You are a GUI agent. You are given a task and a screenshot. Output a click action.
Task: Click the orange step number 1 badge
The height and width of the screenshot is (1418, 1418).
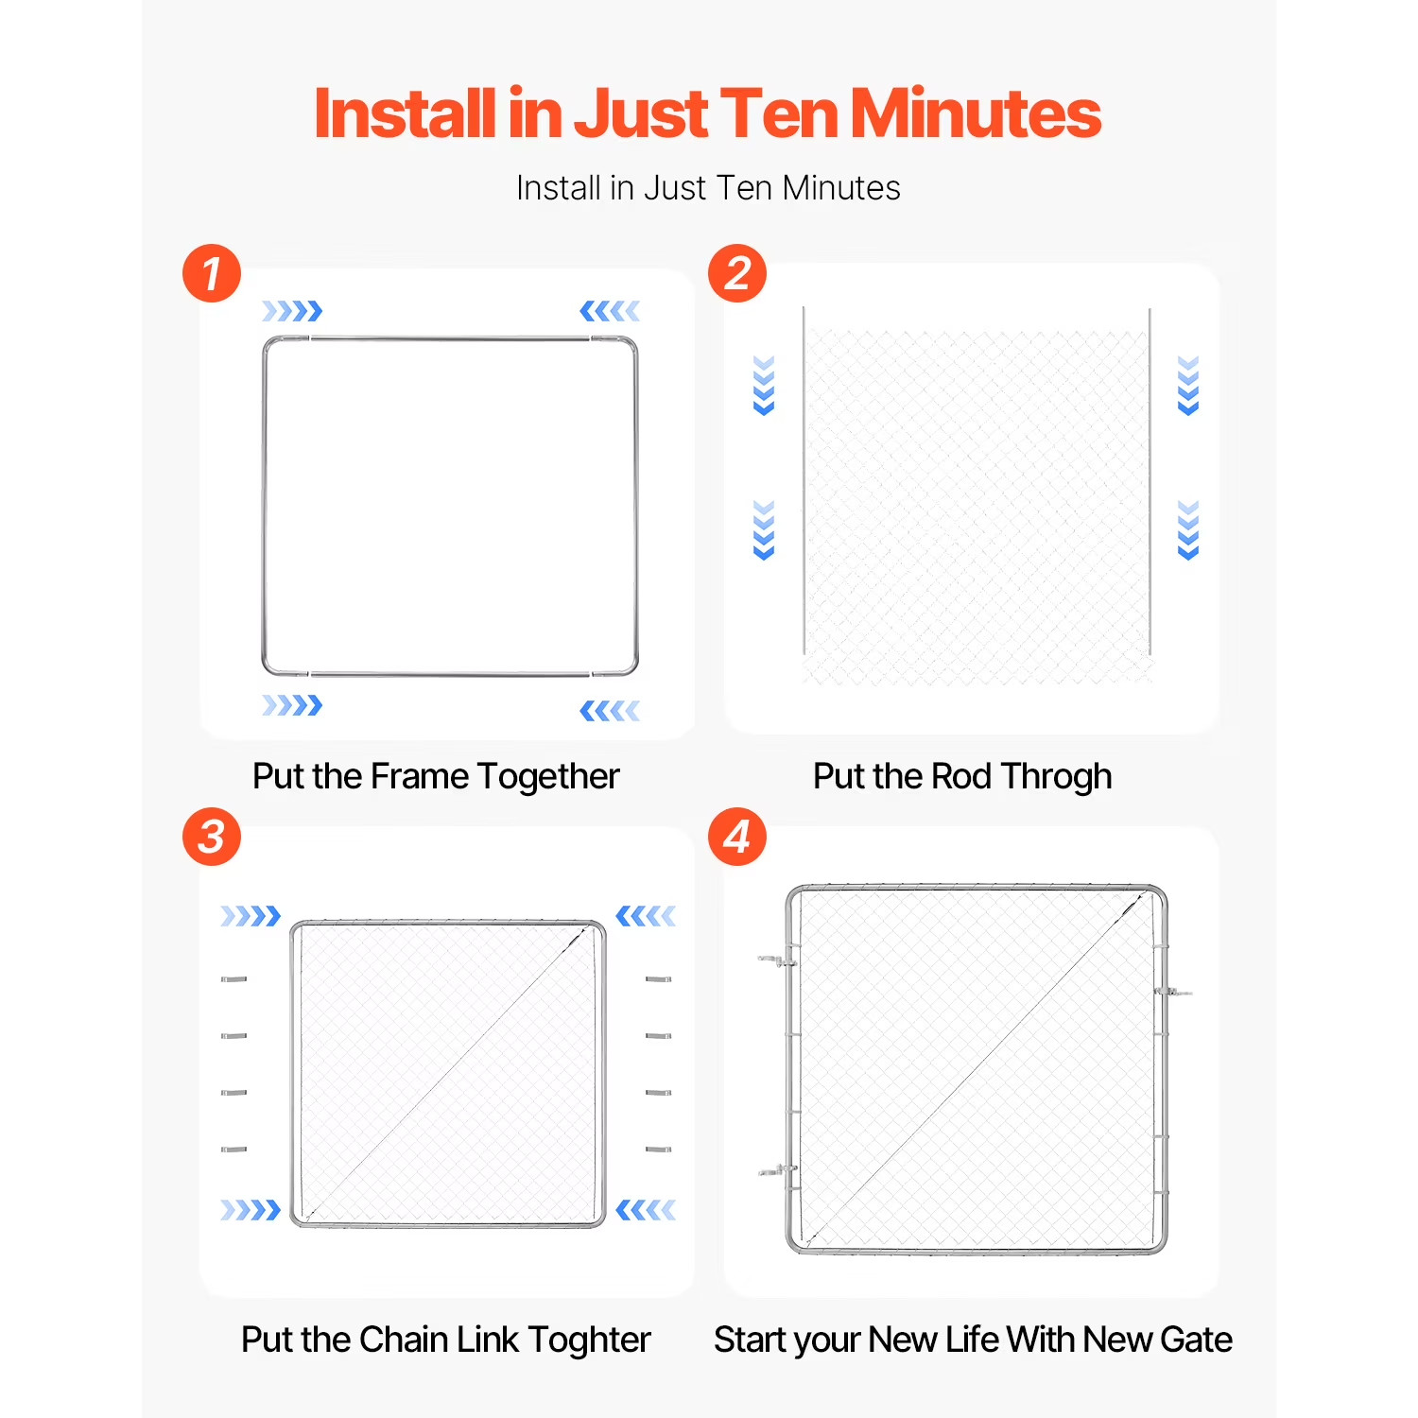click(x=212, y=273)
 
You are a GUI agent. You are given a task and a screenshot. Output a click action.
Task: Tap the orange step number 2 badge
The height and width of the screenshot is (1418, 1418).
click(x=737, y=273)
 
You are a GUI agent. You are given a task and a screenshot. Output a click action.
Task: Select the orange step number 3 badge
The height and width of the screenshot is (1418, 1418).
click(x=212, y=837)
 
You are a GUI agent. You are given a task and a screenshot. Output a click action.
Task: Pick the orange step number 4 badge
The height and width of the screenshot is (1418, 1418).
click(x=737, y=837)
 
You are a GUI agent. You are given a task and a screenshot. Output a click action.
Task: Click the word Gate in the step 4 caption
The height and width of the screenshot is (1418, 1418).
click(x=1196, y=1340)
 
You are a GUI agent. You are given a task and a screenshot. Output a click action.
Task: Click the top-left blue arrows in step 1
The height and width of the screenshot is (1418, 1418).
click(x=292, y=311)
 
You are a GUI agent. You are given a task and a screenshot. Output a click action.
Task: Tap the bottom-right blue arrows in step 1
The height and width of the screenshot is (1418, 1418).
click(x=610, y=711)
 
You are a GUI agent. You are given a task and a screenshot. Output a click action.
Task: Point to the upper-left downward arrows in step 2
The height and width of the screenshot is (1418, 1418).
click(x=764, y=386)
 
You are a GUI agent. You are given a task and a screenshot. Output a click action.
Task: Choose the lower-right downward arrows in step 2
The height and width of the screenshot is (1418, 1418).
click(x=1188, y=530)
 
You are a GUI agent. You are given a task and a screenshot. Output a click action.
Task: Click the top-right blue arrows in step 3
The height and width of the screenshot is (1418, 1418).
click(x=646, y=916)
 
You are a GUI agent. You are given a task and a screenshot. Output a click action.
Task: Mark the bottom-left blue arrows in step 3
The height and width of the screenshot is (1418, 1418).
click(x=251, y=1210)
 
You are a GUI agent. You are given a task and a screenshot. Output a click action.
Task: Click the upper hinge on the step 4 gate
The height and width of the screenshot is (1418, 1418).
click(x=777, y=961)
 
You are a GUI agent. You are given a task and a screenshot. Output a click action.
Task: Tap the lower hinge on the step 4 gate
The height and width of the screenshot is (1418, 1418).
click(x=777, y=1171)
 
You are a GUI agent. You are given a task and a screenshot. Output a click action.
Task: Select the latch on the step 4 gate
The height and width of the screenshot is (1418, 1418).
click(x=1173, y=992)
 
